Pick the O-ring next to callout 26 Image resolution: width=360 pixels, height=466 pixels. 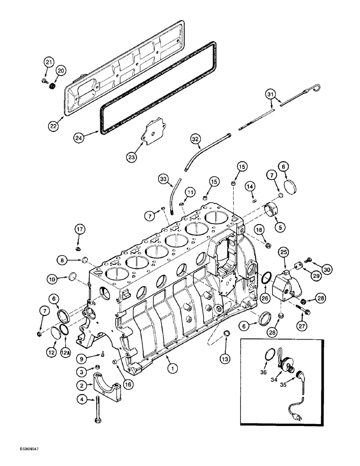tap(264, 278)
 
